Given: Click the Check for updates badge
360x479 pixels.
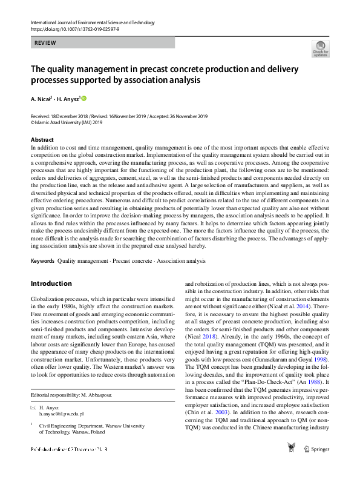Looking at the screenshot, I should (320, 48).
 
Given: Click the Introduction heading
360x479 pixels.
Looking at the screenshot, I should (51, 283).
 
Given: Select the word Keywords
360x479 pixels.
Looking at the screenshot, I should (42, 261).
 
